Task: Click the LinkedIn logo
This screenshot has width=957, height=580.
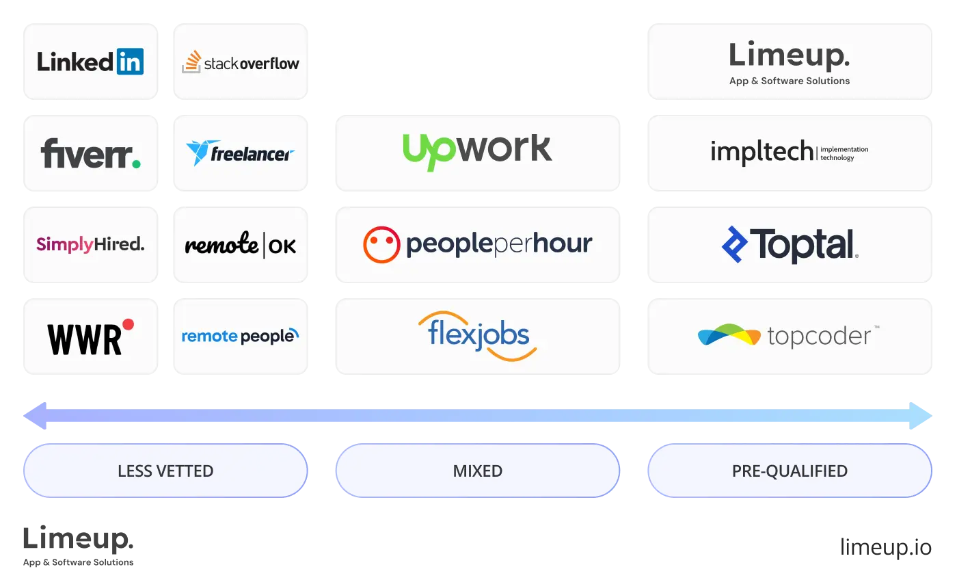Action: pyautogui.click(x=90, y=62)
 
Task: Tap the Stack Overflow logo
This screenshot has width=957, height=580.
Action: pyautogui.click(x=241, y=62)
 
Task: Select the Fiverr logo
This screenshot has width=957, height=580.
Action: pyautogui.click(x=90, y=153)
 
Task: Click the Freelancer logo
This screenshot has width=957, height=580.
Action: pyautogui.click(x=241, y=153)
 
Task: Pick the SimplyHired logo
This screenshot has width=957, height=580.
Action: pyautogui.click(x=90, y=244)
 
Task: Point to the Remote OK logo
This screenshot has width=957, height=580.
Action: pyautogui.click(x=241, y=245)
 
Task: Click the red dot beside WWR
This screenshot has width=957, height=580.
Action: pyautogui.click(x=128, y=324)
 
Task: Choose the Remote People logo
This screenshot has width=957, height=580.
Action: pyautogui.click(x=241, y=336)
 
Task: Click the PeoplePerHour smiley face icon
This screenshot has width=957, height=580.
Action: pyautogui.click(x=381, y=244)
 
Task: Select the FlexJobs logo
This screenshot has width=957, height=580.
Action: pyautogui.click(x=477, y=336)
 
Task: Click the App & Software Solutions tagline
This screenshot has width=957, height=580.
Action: pyautogui.click(x=790, y=81)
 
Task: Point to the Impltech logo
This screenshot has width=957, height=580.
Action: pyautogui.click(x=790, y=152)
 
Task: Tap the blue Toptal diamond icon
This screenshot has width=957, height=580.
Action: pyautogui.click(x=735, y=244)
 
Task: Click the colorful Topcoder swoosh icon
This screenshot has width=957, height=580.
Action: pyautogui.click(x=729, y=336)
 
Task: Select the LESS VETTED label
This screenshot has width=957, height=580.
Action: pyautogui.click(x=165, y=471)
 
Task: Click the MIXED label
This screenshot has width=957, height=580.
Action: pyautogui.click(x=477, y=471)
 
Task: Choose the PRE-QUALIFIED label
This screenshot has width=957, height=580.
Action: pyautogui.click(x=790, y=471)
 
